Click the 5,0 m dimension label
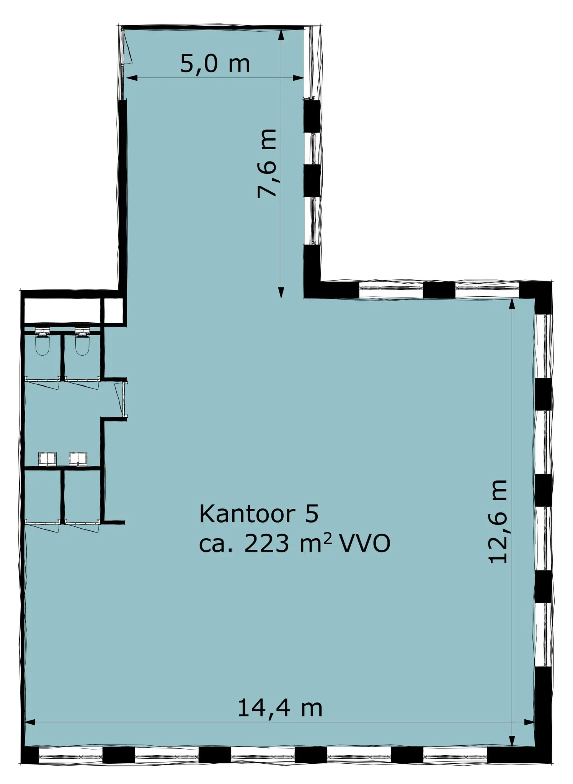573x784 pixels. point(215,64)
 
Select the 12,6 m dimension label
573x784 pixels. point(498,521)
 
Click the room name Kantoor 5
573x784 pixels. point(259,514)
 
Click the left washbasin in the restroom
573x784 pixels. point(47,458)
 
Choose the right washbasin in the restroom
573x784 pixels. point(78,458)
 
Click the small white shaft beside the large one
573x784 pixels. point(113,310)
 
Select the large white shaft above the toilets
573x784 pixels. point(62,310)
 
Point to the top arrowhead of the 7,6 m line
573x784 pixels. point(281,35)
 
